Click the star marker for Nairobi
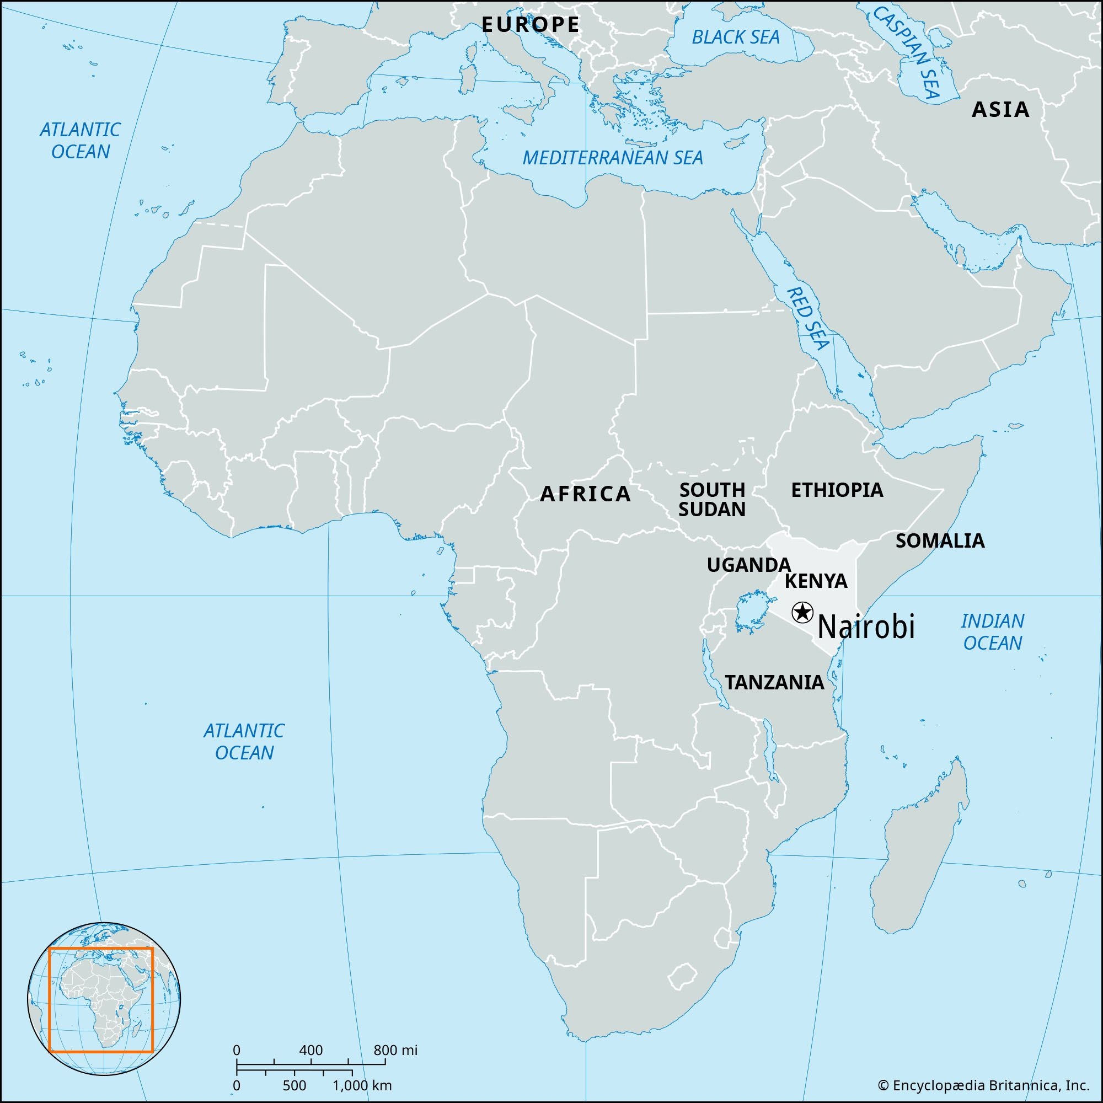[802, 613]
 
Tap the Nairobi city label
[866, 628]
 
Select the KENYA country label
[816, 581]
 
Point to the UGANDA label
[748, 565]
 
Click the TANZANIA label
[774, 682]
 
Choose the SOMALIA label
[940, 540]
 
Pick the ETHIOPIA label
[837, 490]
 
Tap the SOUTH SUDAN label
[712, 500]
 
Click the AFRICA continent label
[586, 494]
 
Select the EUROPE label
[531, 25]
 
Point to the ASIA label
[1000, 110]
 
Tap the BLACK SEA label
[735, 38]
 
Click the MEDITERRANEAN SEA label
[613, 158]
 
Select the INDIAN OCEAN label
[992, 632]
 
